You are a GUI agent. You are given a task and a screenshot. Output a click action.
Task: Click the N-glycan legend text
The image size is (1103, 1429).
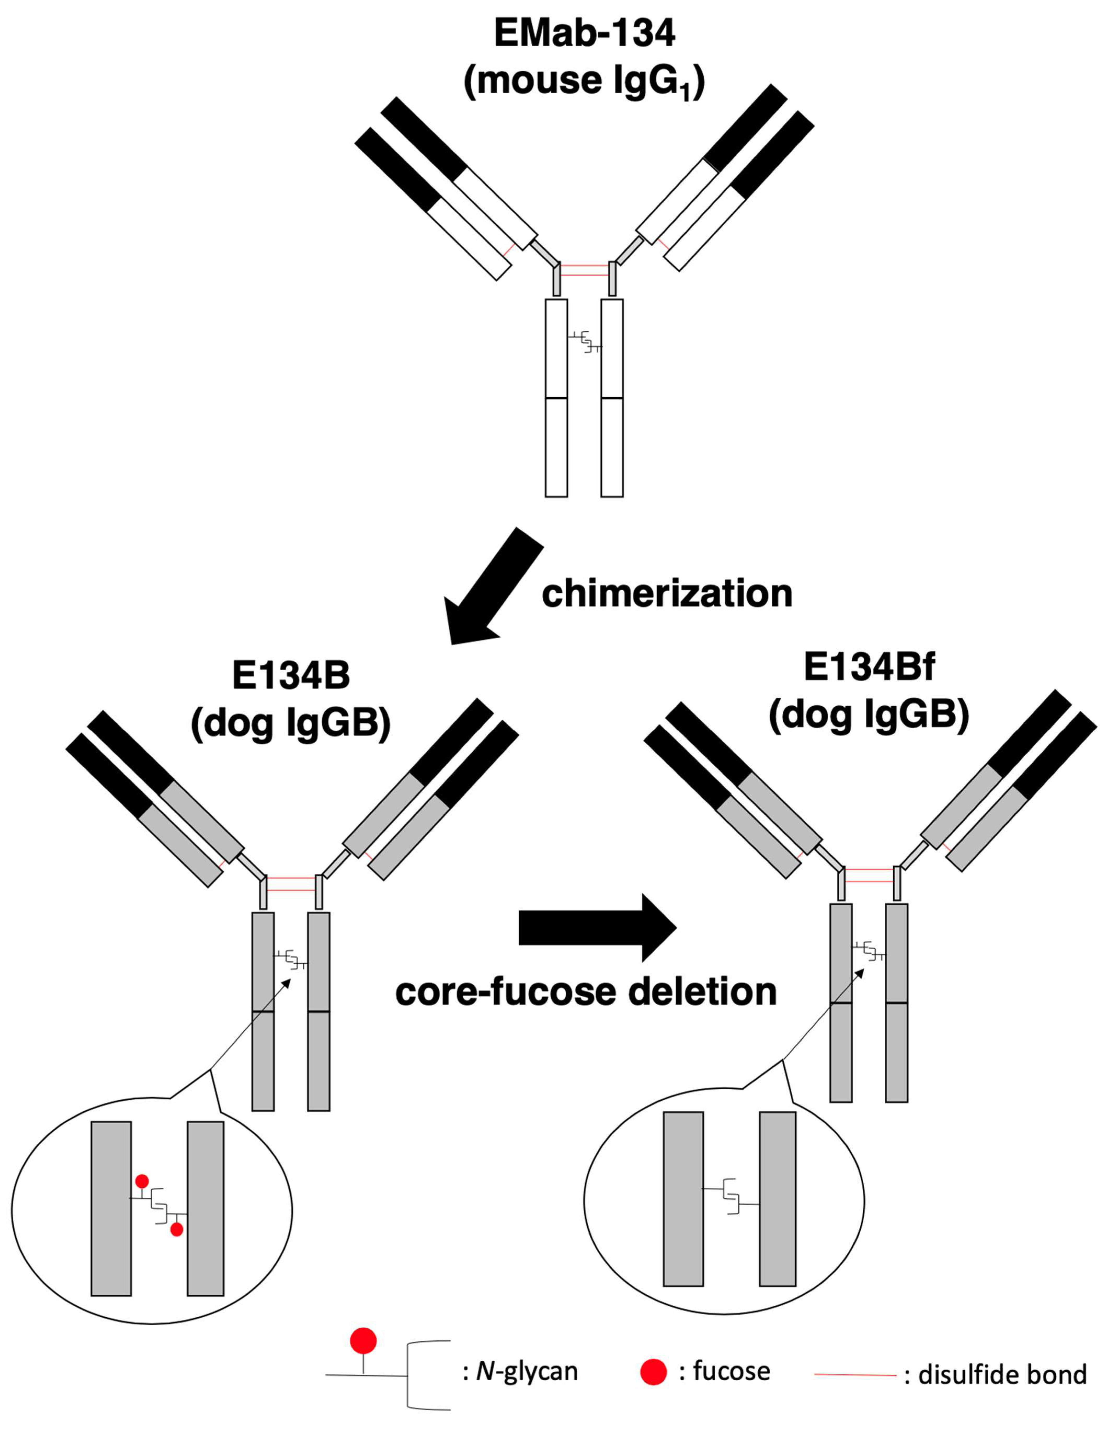click(x=527, y=1371)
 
